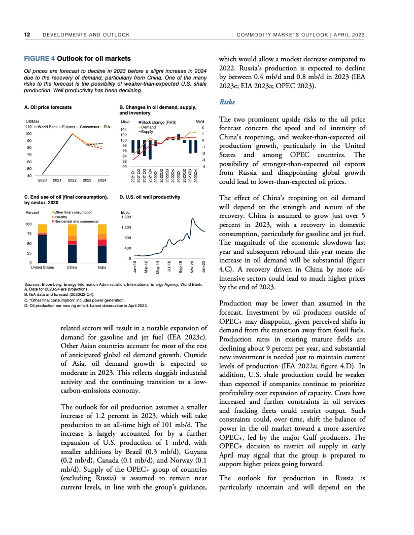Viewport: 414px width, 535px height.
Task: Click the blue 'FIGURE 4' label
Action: click(40, 59)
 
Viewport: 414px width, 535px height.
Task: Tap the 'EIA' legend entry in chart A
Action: click(107, 126)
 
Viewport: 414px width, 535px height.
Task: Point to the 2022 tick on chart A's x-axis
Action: click(72, 180)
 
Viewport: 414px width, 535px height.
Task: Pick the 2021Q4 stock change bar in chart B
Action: click(150, 149)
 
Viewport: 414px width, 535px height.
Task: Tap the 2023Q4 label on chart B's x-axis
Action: click(195, 175)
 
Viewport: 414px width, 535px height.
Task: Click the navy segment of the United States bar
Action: click(43, 248)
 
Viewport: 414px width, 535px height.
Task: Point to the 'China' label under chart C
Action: click(72, 266)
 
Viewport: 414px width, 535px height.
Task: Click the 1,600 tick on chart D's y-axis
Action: click(125, 217)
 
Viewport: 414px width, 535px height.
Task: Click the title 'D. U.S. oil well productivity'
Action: click(149, 197)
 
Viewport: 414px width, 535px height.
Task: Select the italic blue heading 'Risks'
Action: click(226, 102)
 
